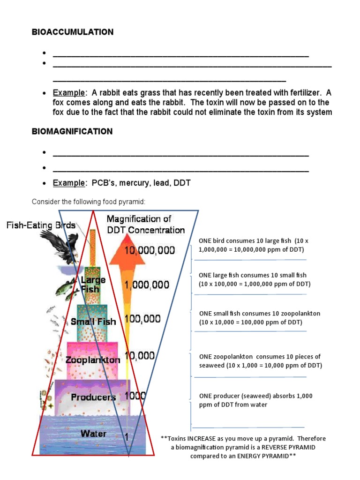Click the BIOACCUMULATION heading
coord(73,32)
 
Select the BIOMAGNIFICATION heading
coord(72,132)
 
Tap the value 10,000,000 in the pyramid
coord(150,251)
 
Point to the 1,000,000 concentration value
coord(147,285)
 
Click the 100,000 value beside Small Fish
coord(142,319)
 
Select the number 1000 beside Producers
coord(135,396)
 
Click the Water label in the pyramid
coord(93,434)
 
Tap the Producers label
coord(93,397)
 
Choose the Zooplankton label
coord(92,360)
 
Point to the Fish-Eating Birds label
coord(41,225)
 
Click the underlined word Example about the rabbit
coord(69,93)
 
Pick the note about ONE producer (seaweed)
coord(255,400)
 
